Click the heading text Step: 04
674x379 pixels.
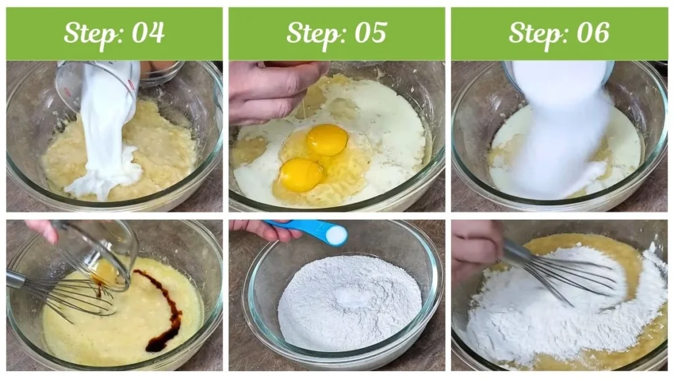[x=114, y=33]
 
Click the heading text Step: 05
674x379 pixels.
[x=336, y=33]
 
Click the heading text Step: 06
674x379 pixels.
[x=559, y=33]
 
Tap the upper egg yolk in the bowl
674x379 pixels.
[x=327, y=139]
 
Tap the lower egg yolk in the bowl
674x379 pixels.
[x=301, y=175]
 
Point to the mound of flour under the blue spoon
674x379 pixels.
[x=349, y=303]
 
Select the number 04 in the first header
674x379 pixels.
[x=149, y=33]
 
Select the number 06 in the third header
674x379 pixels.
[x=594, y=33]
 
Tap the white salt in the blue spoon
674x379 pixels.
[x=336, y=234]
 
